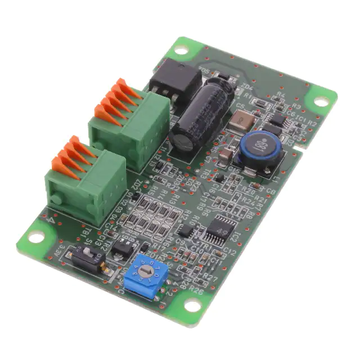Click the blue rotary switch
(x=146, y=274)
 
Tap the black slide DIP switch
(x=89, y=259)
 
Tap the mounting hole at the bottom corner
(x=192, y=305)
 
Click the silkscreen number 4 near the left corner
(x=52, y=220)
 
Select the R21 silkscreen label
(x=259, y=199)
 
